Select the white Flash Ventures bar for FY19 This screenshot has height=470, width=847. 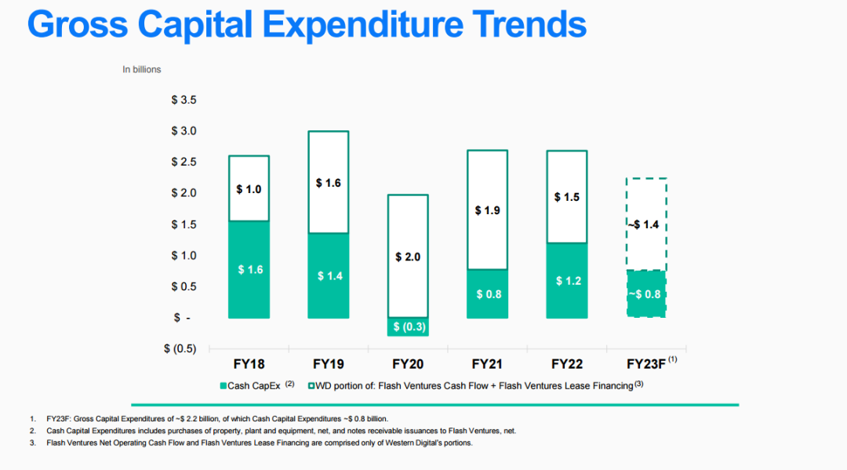[329, 182]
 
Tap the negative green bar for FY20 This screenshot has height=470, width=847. [408, 326]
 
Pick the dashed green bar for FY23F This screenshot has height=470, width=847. [646, 293]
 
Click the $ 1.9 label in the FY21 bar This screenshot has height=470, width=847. [487, 210]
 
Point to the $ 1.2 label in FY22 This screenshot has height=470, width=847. [568, 281]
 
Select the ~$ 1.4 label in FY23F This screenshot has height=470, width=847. [646, 225]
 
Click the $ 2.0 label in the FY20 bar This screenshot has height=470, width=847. [408, 257]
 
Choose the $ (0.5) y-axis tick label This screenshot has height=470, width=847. [180, 348]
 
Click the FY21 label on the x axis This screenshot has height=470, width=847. [487, 364]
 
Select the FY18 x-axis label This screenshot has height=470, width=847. [249, 364]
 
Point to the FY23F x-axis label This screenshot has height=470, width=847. [646, 364]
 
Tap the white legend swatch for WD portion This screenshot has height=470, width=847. [311, 385]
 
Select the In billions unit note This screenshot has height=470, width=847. [141, 70]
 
